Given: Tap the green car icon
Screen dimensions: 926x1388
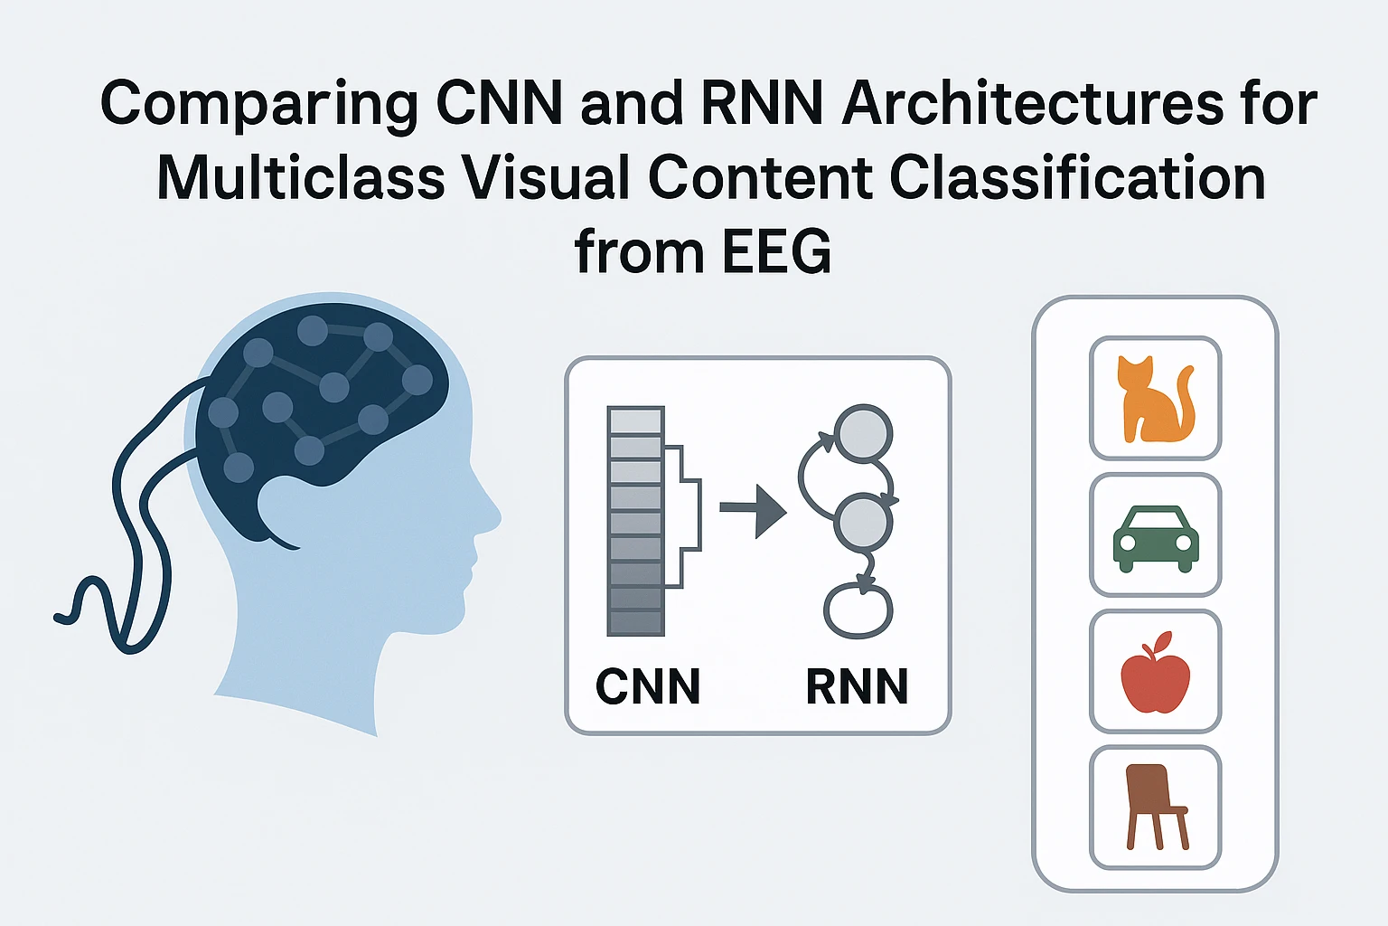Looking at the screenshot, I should [1156, 538].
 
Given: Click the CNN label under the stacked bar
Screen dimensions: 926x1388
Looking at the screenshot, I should [648, 686].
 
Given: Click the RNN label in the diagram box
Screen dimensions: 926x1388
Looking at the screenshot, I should [856, 686].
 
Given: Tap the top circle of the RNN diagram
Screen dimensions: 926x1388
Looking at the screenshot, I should [863, 432].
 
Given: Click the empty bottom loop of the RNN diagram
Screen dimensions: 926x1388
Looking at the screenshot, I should [858, 611].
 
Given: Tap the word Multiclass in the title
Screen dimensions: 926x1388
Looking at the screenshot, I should [301, 178].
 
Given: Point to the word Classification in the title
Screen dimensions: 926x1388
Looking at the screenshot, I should [1077, 178].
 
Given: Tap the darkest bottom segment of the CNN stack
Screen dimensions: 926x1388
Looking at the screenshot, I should [636, 623].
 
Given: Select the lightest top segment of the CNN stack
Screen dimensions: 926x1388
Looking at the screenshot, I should [636, 421].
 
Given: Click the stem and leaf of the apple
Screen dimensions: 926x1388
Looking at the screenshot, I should [1156, 644].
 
